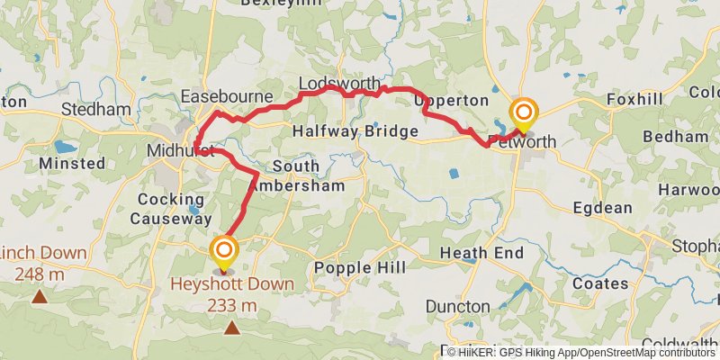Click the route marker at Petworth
tap(523, 114)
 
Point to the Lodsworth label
tap(338, 83)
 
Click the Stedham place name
tap(96, 110)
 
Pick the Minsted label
tap(72, 164)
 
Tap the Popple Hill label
tap(360, 267)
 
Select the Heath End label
tap(481, 253)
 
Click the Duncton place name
tap(459, 307)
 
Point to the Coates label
tap(600, 283)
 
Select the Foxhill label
tap(634, 98)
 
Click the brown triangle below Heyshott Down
tap(232, 328)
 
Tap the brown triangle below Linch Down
tap(40, 295)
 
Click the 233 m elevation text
tap(232, 306)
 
